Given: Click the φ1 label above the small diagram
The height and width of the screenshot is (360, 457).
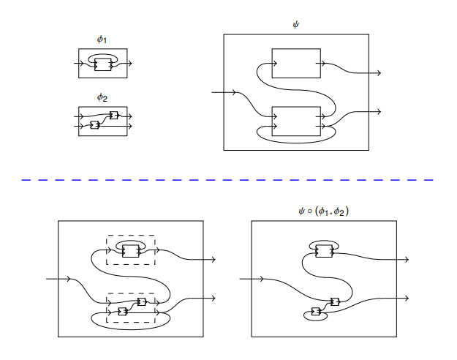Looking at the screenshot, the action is [x=102, y=39].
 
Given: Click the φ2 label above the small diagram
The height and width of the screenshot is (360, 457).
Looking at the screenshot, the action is [x=102, y=97].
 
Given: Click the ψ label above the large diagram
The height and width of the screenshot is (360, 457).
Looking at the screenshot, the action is [x=296, y=25].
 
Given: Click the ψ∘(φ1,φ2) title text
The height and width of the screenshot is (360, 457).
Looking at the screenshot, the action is [x=323, y=211].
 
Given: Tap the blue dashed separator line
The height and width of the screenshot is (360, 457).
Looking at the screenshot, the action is [x=227, y=180].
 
